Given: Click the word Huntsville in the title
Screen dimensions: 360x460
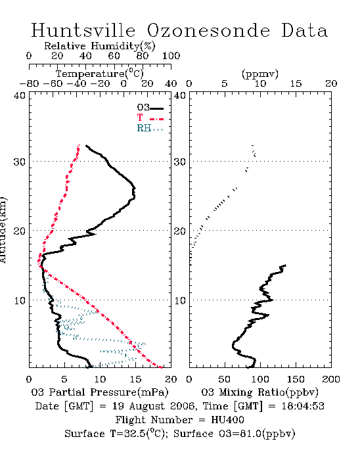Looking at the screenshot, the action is pyautogui.click(x=83, y=30).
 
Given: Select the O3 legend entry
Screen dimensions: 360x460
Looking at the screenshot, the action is pyautogui.click(x=150, y=108).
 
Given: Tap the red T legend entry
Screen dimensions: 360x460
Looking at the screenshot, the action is pyautogui.click(x=150, y=118).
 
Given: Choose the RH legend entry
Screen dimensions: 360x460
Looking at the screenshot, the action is pyautogui.click(x=150, y=128).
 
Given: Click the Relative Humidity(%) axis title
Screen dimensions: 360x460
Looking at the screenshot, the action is pyautogui.click(x=100, y=46).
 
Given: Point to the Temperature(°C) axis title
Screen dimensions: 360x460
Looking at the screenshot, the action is pyautogui.click(x=100, y=74).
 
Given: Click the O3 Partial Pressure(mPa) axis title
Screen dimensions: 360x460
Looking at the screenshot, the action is pyautogui.click(x=100, y=392).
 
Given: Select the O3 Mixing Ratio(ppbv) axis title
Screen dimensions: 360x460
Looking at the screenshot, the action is pyautogui.click(x=259, y=392).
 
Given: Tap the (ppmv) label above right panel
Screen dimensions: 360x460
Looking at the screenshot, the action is pyautogui.click(x=260, y=74).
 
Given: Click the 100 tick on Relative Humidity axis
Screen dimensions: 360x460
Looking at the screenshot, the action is pyautogui.click(x=171, y=56).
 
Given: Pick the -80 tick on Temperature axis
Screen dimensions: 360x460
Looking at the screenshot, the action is pyautogui.click(x=29, y=83).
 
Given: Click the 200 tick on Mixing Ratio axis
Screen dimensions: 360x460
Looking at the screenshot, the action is pyautogui.click(x=331, y=379).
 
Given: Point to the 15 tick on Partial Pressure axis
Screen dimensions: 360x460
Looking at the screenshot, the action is pyautogui.click(x=135, y=379).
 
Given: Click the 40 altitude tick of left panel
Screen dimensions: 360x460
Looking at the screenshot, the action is pyautogui.click(x=20, y=95).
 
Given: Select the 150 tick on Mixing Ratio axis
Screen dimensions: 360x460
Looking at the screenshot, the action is pyautogui.click(x=296, y=379).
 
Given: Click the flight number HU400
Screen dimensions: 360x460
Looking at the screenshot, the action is pyautogui.click(x=227, y=420).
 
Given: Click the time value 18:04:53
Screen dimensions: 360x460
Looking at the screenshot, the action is pyautogui.click(x=303, y=406).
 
